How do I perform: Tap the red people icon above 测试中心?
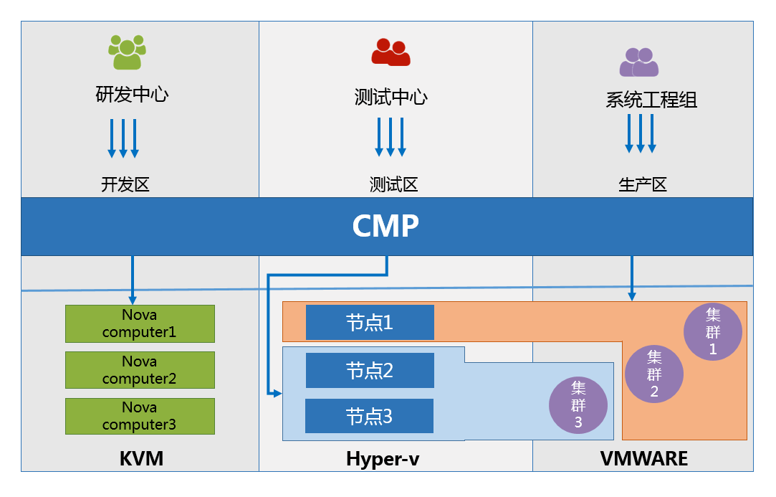click(391, 52)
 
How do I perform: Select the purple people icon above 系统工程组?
click(639, 62)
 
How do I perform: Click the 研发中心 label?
click(133, 94)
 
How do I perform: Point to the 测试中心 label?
click(391, 96)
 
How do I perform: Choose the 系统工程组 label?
click(651, 100)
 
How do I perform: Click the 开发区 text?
click(125, 184)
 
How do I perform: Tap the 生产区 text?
click(643, 184)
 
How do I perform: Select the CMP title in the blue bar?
click(385, 226)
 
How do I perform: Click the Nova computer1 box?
click(140, 323)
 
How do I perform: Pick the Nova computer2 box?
click(140, 370)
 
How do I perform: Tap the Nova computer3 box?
click(140, 416)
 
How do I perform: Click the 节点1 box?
click(370, 322)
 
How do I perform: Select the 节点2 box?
click(370, 370)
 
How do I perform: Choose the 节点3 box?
click(369, 416)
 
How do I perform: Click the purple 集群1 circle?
click(713, 331)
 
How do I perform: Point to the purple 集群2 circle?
click(654, 374)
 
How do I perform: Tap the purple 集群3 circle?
click(578, 405)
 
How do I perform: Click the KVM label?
click(141, 458)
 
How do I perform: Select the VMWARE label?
click(643, 458)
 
